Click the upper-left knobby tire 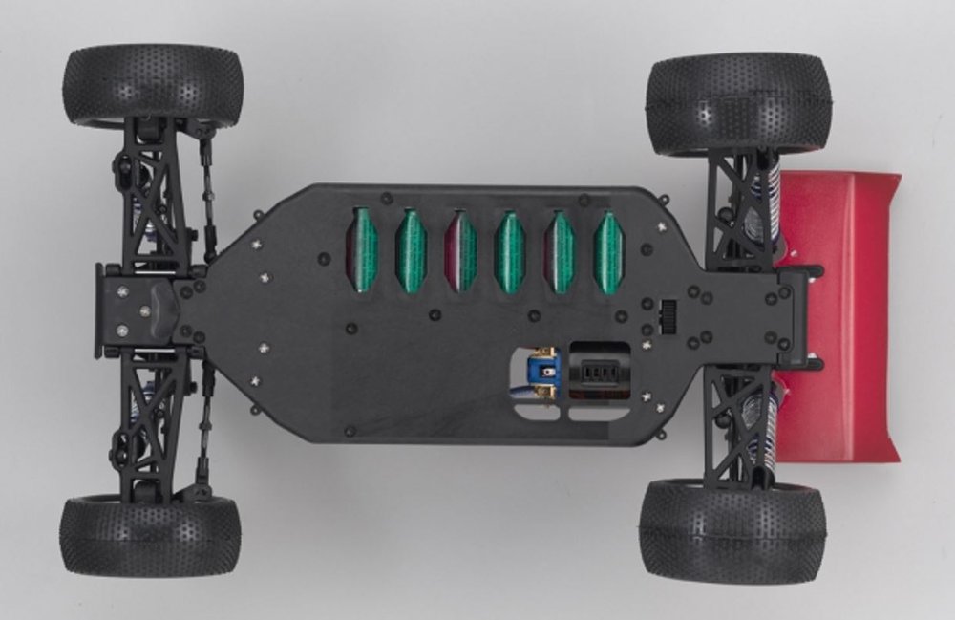(153, 86)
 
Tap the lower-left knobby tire (150, 535)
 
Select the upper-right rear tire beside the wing (738, 103)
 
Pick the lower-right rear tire (732, 530)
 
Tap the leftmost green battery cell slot (363, 251)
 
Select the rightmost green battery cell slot (608, 251)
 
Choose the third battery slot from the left (461, 251)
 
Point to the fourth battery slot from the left (510, 251)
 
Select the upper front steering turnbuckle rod (204, 191)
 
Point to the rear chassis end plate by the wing (793, 315)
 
